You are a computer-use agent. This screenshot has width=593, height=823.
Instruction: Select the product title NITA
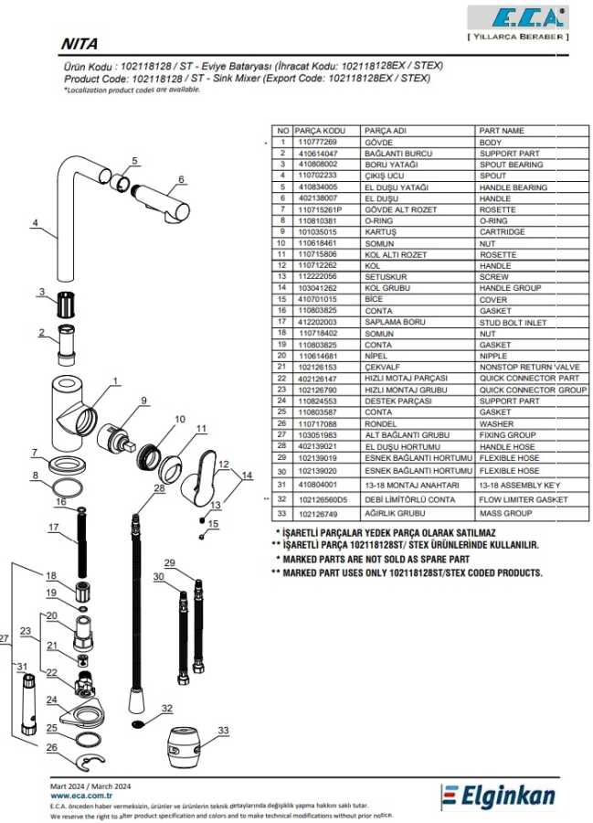pyautogui.click(x=79, y=43)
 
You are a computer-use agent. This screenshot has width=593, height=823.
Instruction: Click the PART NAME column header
pyautogui.click(x=502, y=131)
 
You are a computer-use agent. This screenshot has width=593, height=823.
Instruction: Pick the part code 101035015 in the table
pyautogui.click(x=319, y=231)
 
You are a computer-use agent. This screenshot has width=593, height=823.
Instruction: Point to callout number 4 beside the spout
pyautogui.click(x=34, y=222)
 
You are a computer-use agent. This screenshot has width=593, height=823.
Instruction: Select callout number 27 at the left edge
pyautogui.click(x=5, y=638)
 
